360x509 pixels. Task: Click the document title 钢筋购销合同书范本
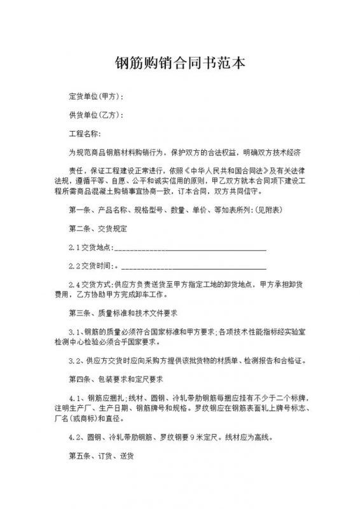(x=180, y=65)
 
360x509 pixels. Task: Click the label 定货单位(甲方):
(x=96, y=97)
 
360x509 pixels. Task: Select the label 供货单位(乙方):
(x=96, y=116)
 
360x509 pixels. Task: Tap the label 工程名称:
(x=85, y=135)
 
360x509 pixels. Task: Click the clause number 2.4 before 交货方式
(x=75, y=285)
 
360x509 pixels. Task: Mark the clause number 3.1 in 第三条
(x=75, y=332)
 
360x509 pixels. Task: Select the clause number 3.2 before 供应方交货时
(x=75, y=361)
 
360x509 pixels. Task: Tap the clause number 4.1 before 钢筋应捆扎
(x=75, y=398)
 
